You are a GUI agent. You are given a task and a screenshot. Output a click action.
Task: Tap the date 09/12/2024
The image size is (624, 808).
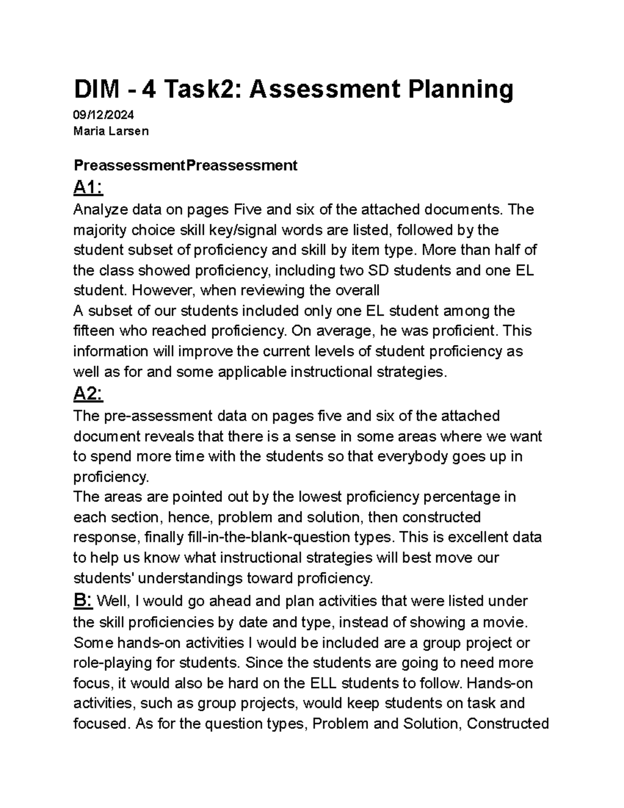(x=103, y=116)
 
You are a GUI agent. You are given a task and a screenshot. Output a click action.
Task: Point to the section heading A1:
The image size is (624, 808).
(x=88, y=187)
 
